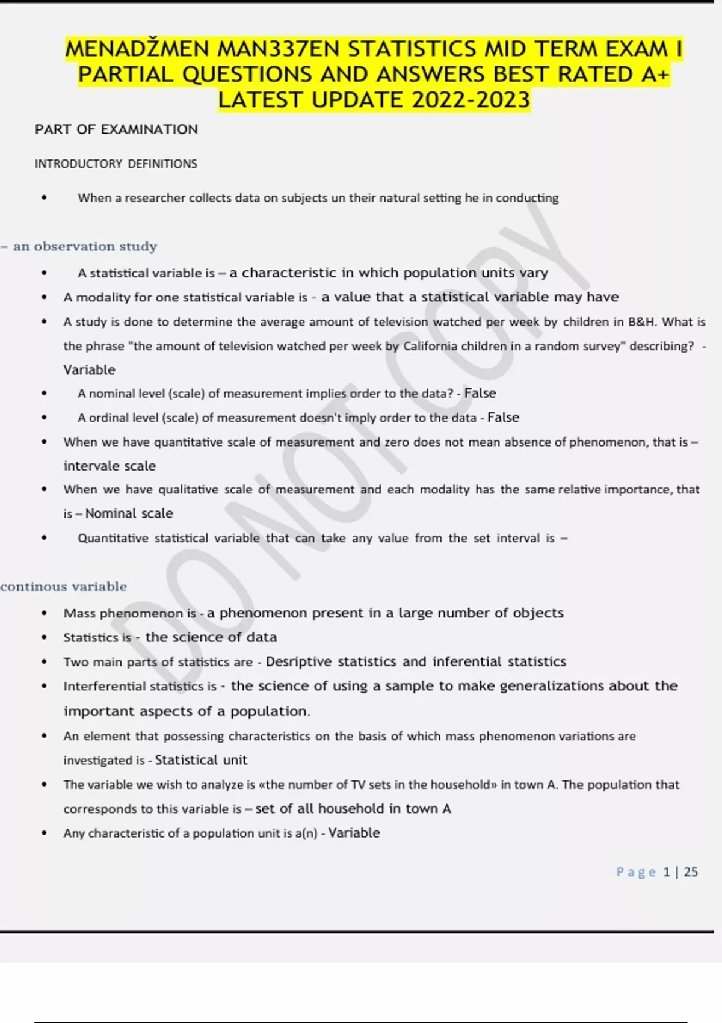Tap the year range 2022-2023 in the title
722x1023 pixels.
(471, 100)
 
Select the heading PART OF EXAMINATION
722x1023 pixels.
(116, 129)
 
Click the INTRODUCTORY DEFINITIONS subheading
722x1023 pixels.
(116, 164)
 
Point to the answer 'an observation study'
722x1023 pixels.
(85, 246)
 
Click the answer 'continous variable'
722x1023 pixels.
(64, 587)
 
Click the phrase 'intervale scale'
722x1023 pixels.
(110, 466)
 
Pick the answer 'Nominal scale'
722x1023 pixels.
(129, 513)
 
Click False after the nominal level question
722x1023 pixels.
(480, 394)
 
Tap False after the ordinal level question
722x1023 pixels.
(503, 418)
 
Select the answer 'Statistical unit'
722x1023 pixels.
(201, 760)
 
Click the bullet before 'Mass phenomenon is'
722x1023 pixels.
(44, 614)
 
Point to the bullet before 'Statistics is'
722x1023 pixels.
(44, 638)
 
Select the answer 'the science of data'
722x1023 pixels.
(211, 637)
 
